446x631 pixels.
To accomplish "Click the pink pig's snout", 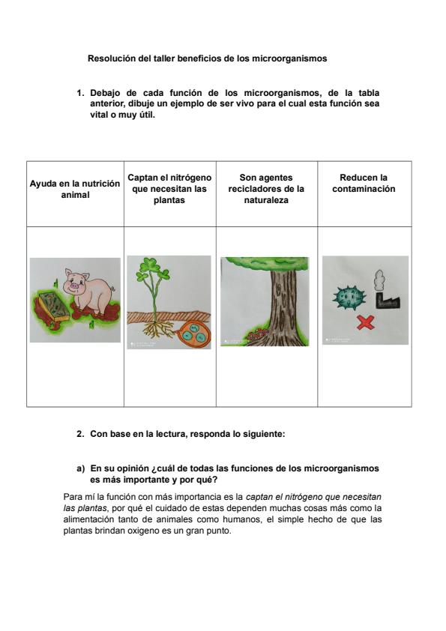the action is pyautogui.click(x=74, y=286).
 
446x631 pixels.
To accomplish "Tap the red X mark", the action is pyautogui.click(x=366, y=322).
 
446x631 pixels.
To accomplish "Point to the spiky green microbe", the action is pyautogui.click(x=349, y=297).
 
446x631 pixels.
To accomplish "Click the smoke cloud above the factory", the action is pyautogui.click(x=379, y=280).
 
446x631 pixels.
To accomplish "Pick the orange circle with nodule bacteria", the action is pyautogui.click(x=193, y=333).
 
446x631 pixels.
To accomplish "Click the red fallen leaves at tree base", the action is pyautogui.click(x=258, y=333).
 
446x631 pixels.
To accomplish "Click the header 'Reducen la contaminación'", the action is pyautogui.click(x=364, y=183).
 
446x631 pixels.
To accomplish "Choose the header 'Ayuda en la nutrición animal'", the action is pyautogui.click(x=75, y=189).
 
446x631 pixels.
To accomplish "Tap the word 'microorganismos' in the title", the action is pyautogui.click(x=289, y=58).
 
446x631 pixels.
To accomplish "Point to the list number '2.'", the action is pyautogui.click(x=80, y=434).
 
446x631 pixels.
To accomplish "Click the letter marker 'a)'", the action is pyautogui.click(x=81, y=469).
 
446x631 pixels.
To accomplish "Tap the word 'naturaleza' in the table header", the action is pyautogui.click(x=266, y=200).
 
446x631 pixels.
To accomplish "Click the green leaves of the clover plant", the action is pyautogui.click(x=153, y=271).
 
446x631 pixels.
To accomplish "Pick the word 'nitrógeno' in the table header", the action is pyautogui.click(x=192, y=178).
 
